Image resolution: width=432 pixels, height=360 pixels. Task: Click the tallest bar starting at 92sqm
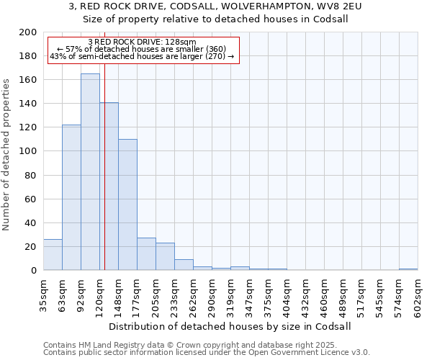[90, 172]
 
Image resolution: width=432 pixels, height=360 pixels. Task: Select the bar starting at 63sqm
[71, 197]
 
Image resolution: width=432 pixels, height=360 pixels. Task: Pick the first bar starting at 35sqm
[53, 255]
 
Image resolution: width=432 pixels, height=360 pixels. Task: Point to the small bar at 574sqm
[408, 269]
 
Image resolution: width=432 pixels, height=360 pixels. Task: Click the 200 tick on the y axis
[28, 32]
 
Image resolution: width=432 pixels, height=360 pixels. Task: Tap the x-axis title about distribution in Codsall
[230, 326]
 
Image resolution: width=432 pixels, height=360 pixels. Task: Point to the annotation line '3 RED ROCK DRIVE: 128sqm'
[141, 42]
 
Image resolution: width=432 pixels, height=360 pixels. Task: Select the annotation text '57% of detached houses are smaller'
[141, 49]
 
